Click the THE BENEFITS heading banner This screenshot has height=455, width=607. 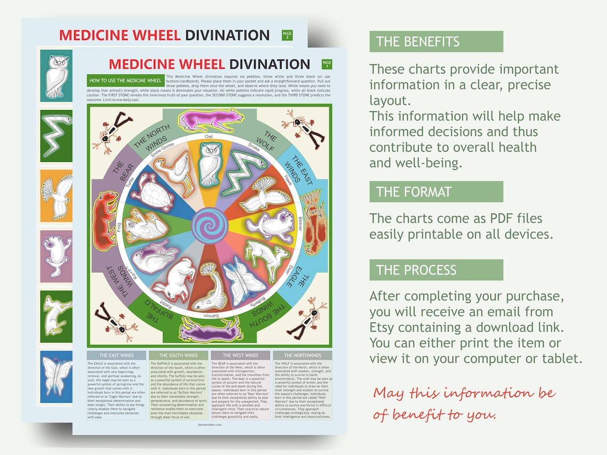pos(436,42)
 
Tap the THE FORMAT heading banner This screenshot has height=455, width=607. pos(436,192)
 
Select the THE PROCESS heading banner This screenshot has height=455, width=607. pos(436,270)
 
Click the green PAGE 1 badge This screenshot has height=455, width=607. pos(327,64)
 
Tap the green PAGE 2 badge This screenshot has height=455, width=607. pos(286,36)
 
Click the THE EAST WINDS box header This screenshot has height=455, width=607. pos(116,355)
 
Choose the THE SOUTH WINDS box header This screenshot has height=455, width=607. pos(178,355)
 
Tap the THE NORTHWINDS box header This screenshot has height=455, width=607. pos(302,355)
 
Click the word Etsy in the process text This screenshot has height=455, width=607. pos(383,327)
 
